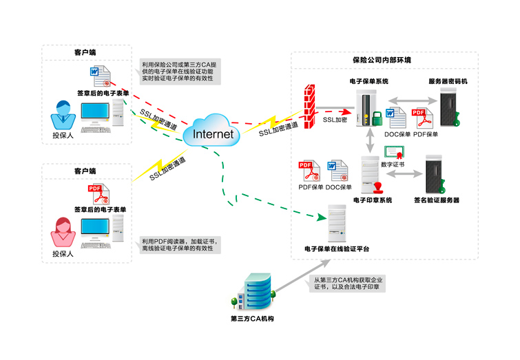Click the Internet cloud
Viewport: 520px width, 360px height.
pyautogui.click(x=213, y=133)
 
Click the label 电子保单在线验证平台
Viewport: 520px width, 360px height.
pyautogui.click(x=336, y=248)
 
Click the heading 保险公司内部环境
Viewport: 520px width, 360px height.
pyautogui.click(x=382, y=61)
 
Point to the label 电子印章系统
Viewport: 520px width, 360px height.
pyautogui.click(x=373, y=200)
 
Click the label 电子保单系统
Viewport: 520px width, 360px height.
pyautogui.click(x=368, y=81)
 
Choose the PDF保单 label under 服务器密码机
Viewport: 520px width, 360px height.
pyautogui.click(x=426, y=134)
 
